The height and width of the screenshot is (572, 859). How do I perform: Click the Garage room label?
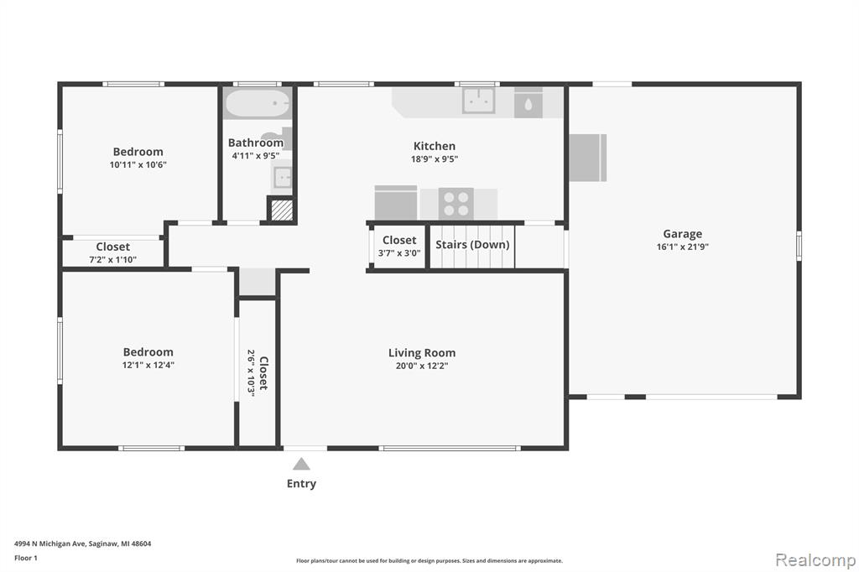(682, 234)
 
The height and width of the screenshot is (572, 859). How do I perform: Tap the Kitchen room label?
(435, 146)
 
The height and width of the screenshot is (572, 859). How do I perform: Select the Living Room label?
(422, 353)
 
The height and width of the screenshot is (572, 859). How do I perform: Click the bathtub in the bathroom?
(257, 103)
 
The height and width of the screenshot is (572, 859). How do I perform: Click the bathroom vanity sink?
(282, 178)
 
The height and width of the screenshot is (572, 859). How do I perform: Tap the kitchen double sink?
(479, 101)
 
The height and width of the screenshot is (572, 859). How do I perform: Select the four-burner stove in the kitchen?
(456, 203)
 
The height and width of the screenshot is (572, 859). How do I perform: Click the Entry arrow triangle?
(301, 464)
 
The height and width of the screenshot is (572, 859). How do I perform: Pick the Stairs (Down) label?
(472, 244)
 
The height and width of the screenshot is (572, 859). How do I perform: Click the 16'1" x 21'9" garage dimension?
(683, 247)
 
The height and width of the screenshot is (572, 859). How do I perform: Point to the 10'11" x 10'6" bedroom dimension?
(138, 165)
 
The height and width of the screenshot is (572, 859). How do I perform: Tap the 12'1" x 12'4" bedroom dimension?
(148, 365)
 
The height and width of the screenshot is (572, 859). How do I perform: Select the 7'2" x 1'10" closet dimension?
(113, 260)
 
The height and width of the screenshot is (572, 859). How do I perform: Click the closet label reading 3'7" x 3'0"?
(399, 253)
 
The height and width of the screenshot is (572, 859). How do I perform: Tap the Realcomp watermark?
(815, 560)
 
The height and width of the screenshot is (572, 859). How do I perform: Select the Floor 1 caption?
(26, 559)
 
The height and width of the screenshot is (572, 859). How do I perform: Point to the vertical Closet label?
(263, 373)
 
